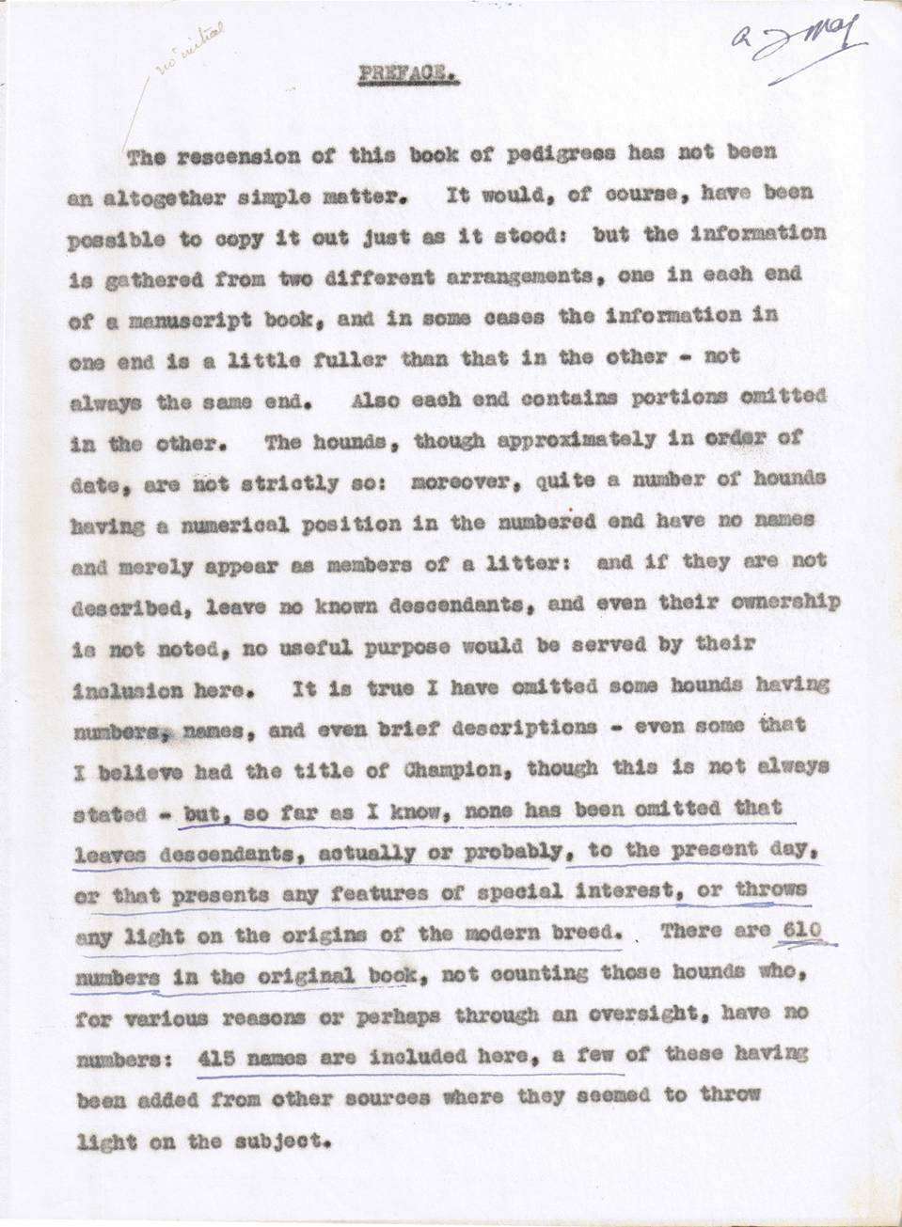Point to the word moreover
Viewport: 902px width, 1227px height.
[439, 479]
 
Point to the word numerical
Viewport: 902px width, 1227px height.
[220, 523]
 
